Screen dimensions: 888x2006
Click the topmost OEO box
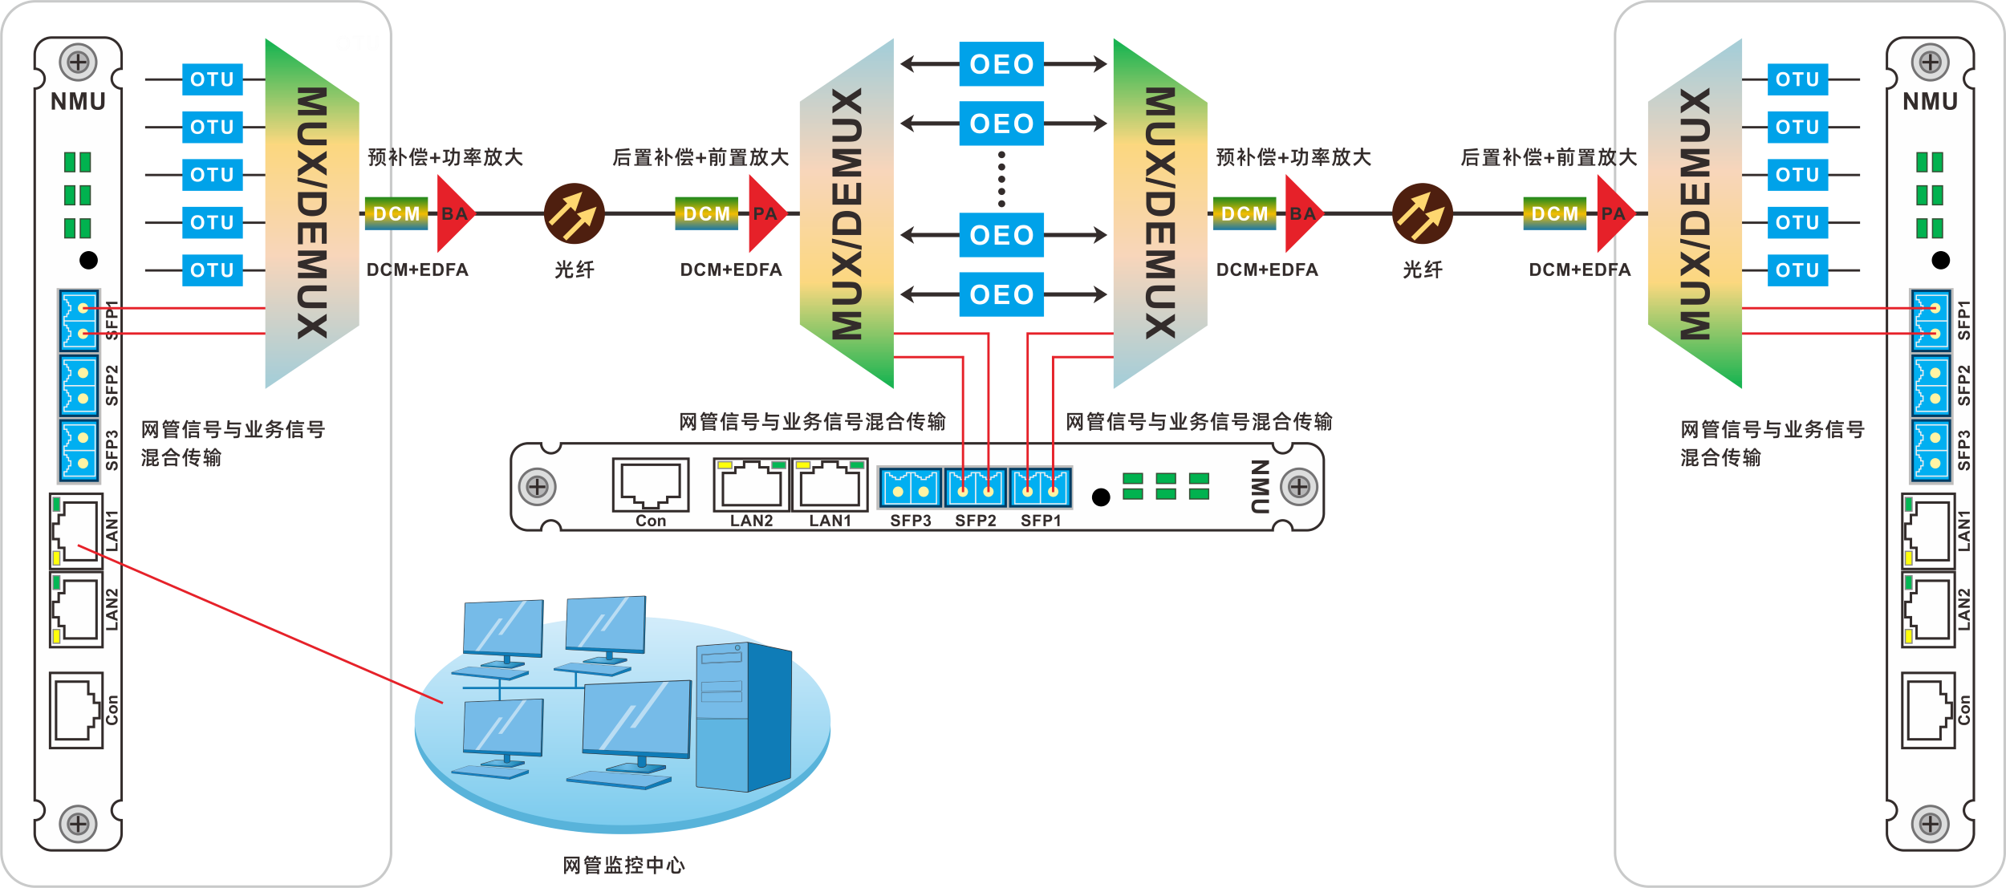[x=1001, y=64]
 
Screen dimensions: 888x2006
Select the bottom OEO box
[x=1001, y=294]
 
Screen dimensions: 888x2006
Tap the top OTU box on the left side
[x=212, y=79]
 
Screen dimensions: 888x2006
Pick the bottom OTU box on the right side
[x=1797, y=270]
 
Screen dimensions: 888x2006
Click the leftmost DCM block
[x=396, y=214]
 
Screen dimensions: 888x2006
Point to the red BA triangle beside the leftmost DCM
[x=453, y=214]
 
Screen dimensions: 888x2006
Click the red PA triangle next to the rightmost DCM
[x=1612, y=214]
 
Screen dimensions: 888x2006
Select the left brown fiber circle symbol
[x=574, y=214]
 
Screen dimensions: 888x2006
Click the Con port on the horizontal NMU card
[x=651, y=485]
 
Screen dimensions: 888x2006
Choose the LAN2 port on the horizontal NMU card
[x=751, y=485]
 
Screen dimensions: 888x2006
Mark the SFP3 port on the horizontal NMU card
[x=910, y=488]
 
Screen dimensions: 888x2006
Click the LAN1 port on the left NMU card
[x=77, y=531]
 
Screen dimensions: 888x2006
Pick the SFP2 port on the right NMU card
[x=1931, y=386]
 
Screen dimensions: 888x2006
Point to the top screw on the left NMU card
[x=78, y=62]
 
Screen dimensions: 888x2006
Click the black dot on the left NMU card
[x=89, y=260]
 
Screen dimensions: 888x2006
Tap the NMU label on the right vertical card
[x=1930, y=102]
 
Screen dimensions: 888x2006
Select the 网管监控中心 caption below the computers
[x=623, y=865]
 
